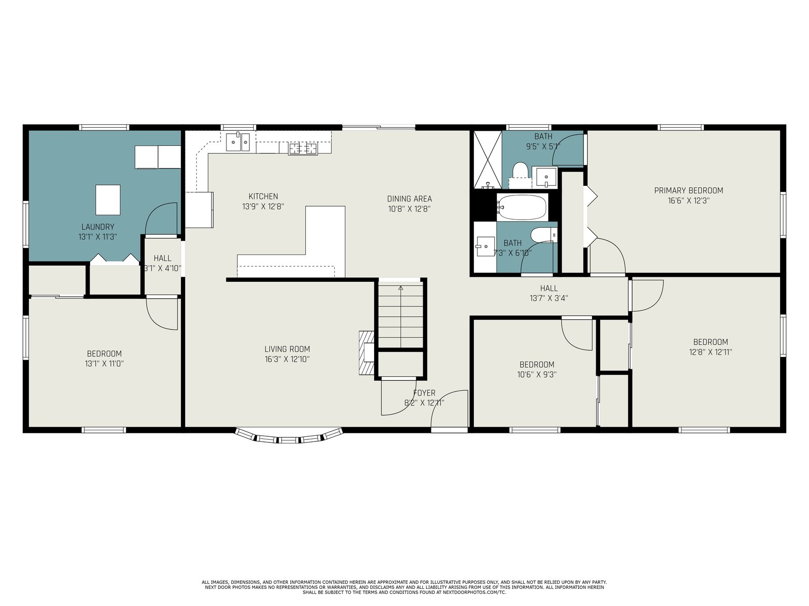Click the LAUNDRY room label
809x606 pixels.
[x=98, y=227]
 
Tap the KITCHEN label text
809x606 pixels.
[x=263, y=196]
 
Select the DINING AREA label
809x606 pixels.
[x=409, y=198]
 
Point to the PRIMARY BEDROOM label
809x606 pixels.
[x=689, y=190]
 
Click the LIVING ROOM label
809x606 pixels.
[x=287, y=349]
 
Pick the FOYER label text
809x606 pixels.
[x=424, y=393]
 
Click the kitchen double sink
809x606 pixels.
[x=238, y=142]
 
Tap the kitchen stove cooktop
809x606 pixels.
[x=303, y=148]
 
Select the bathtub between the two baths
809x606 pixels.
[x=522, y=207]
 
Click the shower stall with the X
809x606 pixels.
[x=487, y=160]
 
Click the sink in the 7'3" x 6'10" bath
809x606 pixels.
[x=485, y=246]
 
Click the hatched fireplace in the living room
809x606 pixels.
[x=367, y=353]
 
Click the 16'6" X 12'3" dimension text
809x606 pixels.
[x=689, y=201]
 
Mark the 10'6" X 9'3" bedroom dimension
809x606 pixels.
[x=536, y=375]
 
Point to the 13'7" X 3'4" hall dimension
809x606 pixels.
[x=549, y=298]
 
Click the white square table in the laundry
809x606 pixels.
[x=108, y=200]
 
